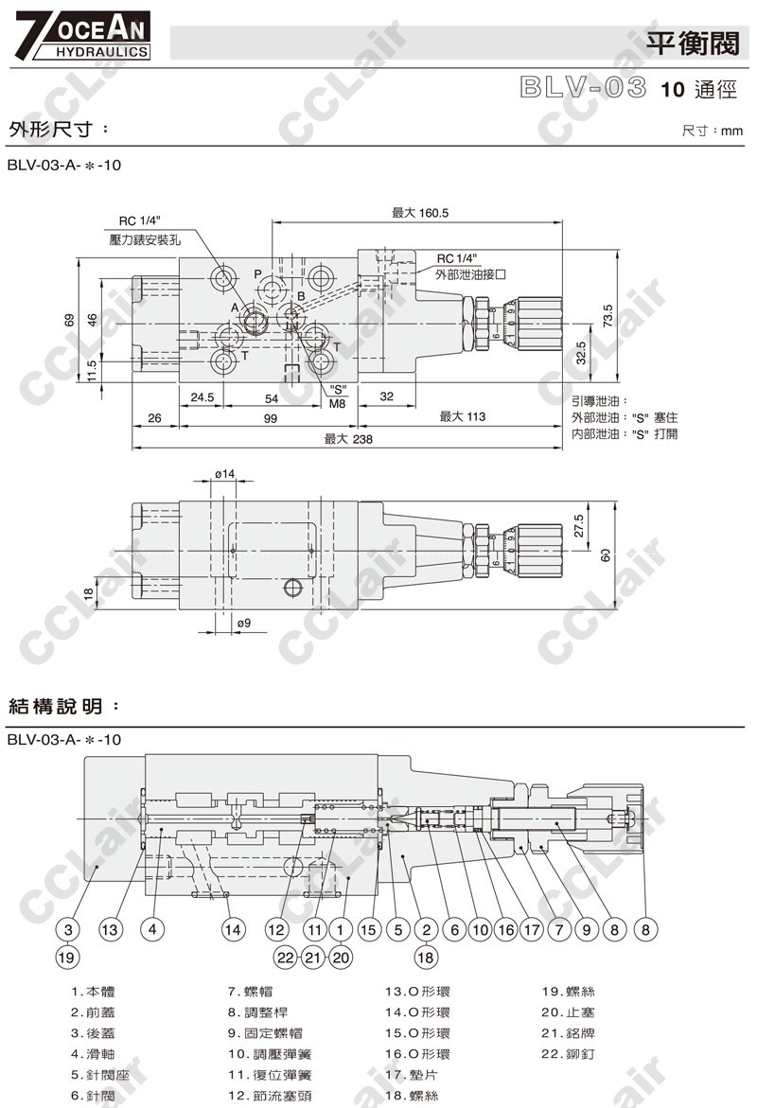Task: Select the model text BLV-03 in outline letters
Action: click(x=582, y=90)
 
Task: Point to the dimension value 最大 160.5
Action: click(x=420, y=213)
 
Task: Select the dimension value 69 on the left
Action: click(x=69, y=320)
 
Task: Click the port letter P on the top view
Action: click(x=257, y=273)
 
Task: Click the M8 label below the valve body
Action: click(x=338, y=403)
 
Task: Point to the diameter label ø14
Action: click(x=224, y=472)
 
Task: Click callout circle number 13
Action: click(x=111, y=930)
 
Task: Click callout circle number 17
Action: click(x=532, y=930)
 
